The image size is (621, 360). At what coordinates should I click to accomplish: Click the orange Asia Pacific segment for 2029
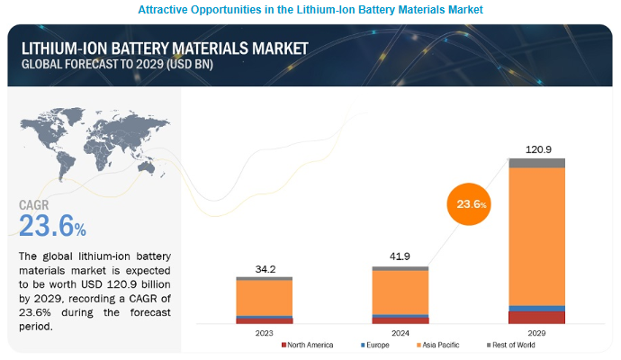pos(536,236)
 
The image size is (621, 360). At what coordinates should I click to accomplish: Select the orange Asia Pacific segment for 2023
pos(265,297)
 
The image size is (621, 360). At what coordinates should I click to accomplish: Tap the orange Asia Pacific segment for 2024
pos(400,292)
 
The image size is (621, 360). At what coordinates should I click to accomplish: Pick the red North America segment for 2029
pos(536,317)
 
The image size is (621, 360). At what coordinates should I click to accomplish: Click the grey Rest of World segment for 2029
pos(536,163)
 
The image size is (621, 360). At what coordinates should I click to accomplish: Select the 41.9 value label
pos(400,256)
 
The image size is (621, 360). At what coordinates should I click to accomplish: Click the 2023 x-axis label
pos(265,333)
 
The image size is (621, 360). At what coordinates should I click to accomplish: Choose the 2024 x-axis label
pos(400,333)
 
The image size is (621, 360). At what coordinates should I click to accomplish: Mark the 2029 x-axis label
pos(536,333)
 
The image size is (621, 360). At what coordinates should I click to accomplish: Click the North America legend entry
pos(308,345)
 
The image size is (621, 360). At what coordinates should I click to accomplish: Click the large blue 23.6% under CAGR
pos(54,223)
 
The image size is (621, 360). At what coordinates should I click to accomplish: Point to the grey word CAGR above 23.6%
pos(36,204)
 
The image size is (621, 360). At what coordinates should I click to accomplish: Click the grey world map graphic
pos(85,144)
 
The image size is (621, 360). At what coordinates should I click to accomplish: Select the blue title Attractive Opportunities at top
pos(310,9)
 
